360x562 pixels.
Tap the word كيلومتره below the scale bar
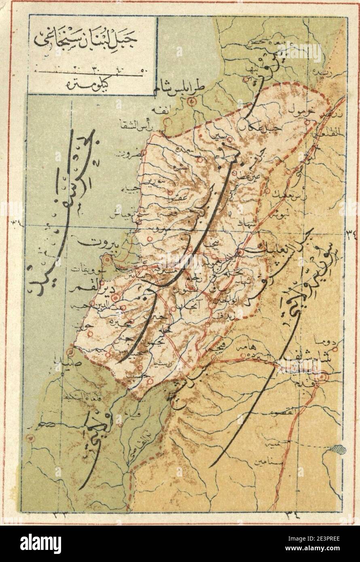click(x=92, y=86)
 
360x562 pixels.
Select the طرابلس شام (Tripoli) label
click(x=182, y=88)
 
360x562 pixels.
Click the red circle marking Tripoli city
click(x=194, y=101)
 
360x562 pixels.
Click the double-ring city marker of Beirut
click(x=108, y=259)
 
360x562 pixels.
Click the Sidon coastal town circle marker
click(x=71, y=352)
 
